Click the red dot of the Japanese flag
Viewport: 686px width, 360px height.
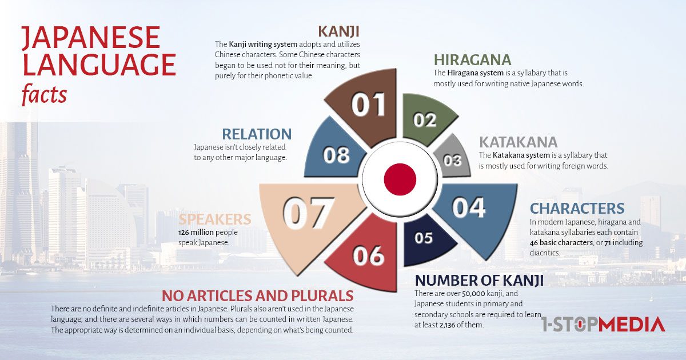pyautogui.click(x=400, y=179)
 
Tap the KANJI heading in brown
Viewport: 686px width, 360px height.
pyautogui.click(x=338, y=31)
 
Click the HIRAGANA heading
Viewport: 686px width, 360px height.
pyautogui.click(x=472, y=60)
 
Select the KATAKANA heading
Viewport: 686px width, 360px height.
pyautogui.click(x=518, y=142)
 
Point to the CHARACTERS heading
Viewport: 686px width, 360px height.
pyautogui.click(x=577, y=209)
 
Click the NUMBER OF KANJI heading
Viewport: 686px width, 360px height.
pyautogui.click(x=479, y=281)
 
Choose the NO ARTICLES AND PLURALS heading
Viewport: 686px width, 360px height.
pyautogui.click(x=258, y=296)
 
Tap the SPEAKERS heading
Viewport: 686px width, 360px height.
pyautogui.click(x=215, y=219)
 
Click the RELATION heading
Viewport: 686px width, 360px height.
pyautogui.click(x=257, y=134)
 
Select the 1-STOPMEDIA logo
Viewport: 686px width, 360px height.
pyautogui.click(x=603, y=325)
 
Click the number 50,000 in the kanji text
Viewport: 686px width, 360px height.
pyautogui.click(x=473, y=294)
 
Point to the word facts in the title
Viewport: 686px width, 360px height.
pyautogui.click(x=44, y=94)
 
